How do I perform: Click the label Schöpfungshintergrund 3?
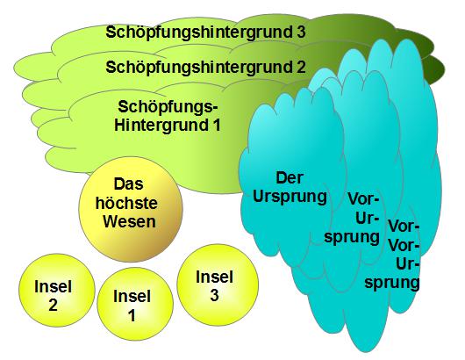point(205,32)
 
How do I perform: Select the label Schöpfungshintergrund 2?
point(205,67)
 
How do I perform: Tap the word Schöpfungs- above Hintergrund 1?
point(166,107)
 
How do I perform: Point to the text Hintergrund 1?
point(168,125)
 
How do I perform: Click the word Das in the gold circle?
point(128,184)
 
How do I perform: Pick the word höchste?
point(126,203)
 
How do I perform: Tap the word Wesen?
point(129,221)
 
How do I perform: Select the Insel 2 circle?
point(57,290)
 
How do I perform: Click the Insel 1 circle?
point(135,304)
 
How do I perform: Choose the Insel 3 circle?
point(218,284)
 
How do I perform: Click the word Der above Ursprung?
point(290,177)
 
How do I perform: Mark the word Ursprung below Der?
point(290,197)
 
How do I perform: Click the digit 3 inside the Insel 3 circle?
point(214,295)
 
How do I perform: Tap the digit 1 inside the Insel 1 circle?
point(132,315)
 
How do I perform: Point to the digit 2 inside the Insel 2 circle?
point(53,305)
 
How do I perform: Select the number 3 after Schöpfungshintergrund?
point(301,32)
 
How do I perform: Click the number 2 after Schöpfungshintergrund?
point(301,66)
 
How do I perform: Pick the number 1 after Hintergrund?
point(216,125)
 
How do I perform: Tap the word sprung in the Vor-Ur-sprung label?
point(352,237)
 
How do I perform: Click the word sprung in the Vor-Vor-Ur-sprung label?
point(392,283)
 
